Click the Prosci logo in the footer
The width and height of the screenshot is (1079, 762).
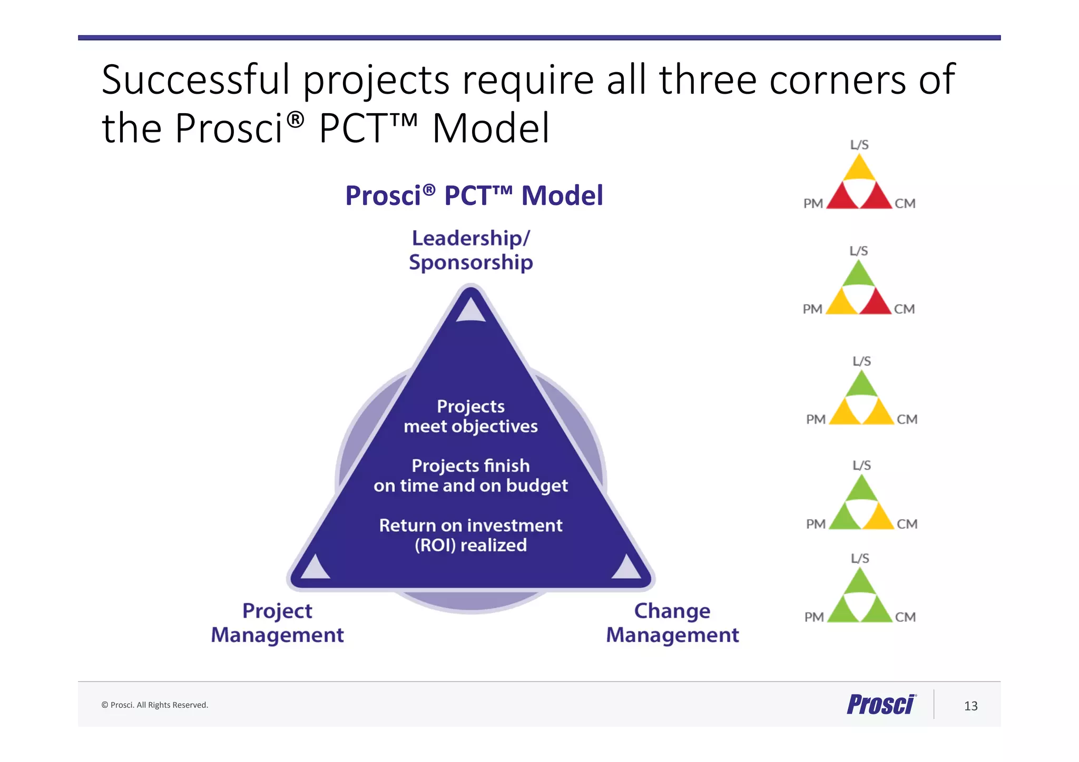pos(881,705)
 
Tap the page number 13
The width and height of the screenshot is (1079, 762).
pos(970,706)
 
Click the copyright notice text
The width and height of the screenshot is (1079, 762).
pos(154,705)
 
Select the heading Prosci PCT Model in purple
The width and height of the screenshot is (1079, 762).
pos(474,195)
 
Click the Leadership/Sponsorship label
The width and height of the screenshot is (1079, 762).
pos(470,250)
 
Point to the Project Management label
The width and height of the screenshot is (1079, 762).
pos(277,622)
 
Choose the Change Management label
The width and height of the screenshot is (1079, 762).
pos(672,622)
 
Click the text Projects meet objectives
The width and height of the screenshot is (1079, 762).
pos(470,416)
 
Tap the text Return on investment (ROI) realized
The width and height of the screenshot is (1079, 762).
pos(470,535)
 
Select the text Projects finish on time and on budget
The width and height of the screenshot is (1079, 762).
pos(470,476)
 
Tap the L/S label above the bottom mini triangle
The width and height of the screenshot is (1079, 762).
pos(860,558)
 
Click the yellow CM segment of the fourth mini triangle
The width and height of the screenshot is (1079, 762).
pos(878,518)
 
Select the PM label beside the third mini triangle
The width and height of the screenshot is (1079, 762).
pos(816,419)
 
